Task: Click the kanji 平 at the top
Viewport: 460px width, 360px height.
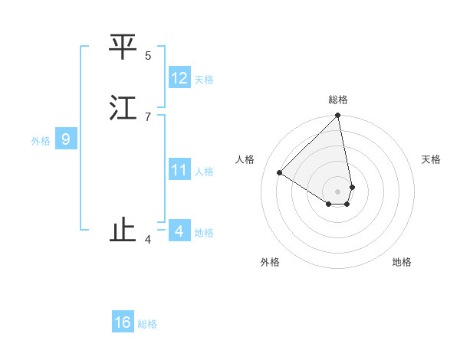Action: [123, 47]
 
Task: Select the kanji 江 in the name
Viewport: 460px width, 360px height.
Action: [123, 108]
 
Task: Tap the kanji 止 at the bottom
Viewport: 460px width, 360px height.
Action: [123, 231]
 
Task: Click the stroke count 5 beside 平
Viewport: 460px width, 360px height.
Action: [148, 55]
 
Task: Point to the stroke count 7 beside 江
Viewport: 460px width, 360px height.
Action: [148, 116]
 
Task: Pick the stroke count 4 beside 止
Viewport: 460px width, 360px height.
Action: [148, 240]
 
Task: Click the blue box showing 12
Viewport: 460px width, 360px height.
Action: [179, 78]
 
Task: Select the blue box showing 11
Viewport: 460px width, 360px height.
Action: [179, 170]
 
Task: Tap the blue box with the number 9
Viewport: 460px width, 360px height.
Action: [66, 139]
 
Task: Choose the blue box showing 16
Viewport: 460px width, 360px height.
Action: [123, 322]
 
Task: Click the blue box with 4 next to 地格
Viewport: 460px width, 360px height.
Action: [179, 231]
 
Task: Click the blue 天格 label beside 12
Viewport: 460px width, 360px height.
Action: [204, 80]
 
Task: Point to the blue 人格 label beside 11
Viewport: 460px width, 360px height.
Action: [204, 172]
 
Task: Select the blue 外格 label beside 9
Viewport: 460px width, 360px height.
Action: [41, 141]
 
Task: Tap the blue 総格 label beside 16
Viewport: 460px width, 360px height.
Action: [147, 324]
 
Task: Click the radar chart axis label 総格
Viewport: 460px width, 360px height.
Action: [338, 100]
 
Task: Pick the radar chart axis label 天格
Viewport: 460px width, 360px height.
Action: [431, 159]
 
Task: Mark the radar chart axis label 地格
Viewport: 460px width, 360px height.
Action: [402, 262]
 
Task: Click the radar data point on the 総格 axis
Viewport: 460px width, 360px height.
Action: [338, 116]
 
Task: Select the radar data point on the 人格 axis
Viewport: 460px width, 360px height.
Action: [280, 173]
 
